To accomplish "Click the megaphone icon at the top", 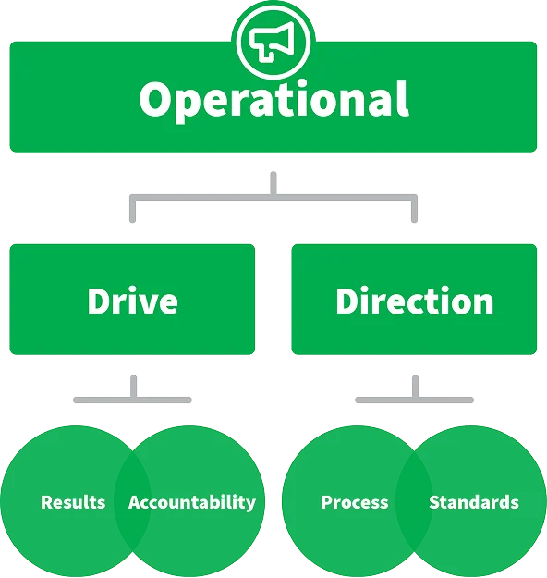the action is point(273,41).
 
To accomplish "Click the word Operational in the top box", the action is point(273,100).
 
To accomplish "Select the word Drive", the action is point(133,301).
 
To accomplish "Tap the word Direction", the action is point(414,301).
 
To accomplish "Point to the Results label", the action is point(73,502).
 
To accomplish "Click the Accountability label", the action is point(192,503).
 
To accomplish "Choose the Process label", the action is point(355,502).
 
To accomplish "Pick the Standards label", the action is point(474,502).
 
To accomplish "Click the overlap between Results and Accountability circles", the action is point(132,501).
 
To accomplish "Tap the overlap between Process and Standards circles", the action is point(414,501).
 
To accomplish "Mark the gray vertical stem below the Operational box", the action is point(273,183).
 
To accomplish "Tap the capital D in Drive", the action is point(98,301).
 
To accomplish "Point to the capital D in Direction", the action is point(346,301).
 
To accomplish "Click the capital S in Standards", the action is point(434,502).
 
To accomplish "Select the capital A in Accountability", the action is point(135,502).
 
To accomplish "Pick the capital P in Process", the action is point(326,502).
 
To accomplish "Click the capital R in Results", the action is point(47,502).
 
